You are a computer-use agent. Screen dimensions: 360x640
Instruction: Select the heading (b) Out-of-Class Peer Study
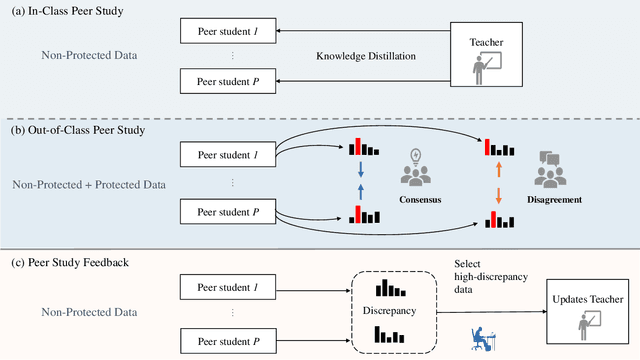(79, 128)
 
